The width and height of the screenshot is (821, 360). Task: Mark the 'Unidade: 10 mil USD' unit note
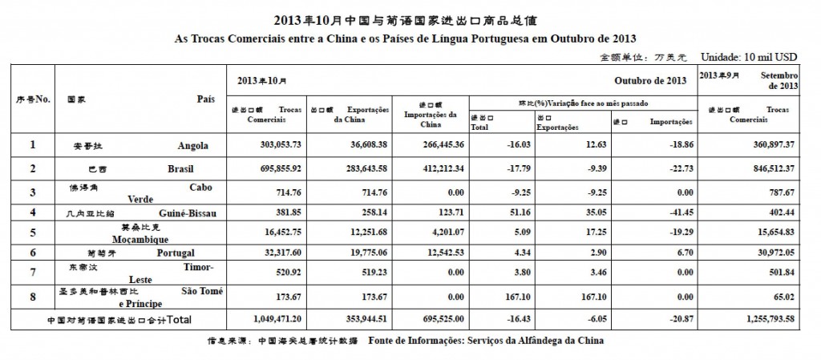coord(749,58)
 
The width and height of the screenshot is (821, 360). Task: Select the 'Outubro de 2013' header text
coord(650,81)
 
